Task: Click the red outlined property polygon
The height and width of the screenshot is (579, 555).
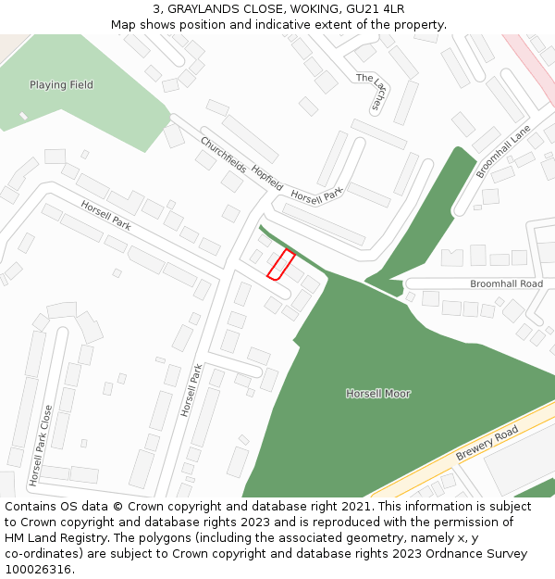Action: coord(281,264)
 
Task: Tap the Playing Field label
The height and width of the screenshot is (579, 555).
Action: coord(61,85)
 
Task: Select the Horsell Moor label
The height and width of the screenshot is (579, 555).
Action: coord(378,394)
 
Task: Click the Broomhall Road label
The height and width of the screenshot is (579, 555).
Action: coord(506,283)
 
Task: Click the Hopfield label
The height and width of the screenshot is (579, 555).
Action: coord(267,179)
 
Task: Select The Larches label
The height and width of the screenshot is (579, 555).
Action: coord(370,93)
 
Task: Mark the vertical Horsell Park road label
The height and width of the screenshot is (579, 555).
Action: coord(191,389)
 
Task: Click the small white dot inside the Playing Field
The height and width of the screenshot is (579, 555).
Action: coord(23,116)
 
